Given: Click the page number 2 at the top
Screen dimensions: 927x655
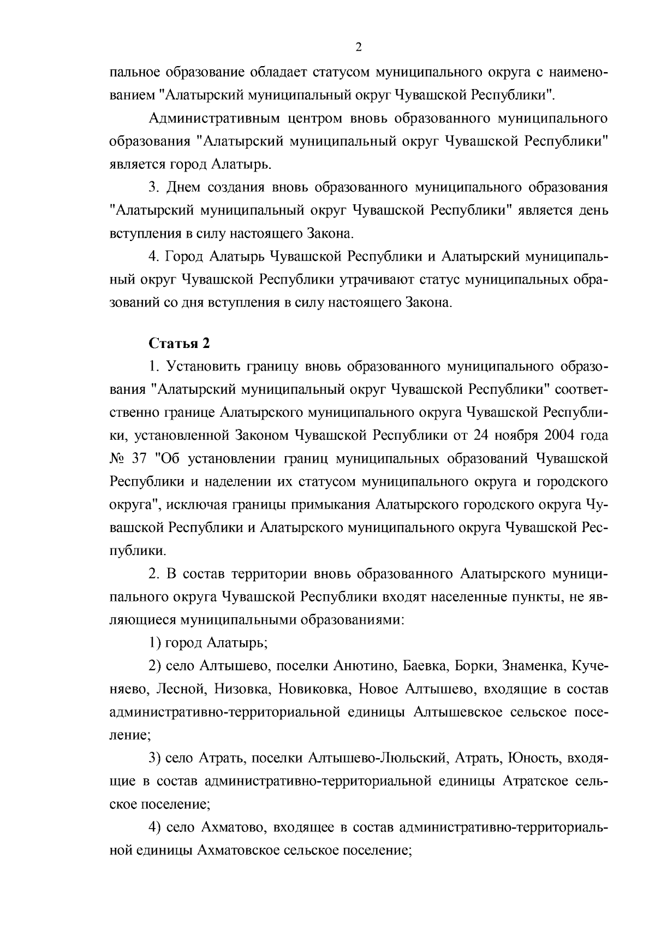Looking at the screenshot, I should pyautogui.click(x=358, y=47).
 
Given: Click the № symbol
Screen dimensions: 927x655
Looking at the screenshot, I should pyautogui.click(x=118, y=458).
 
